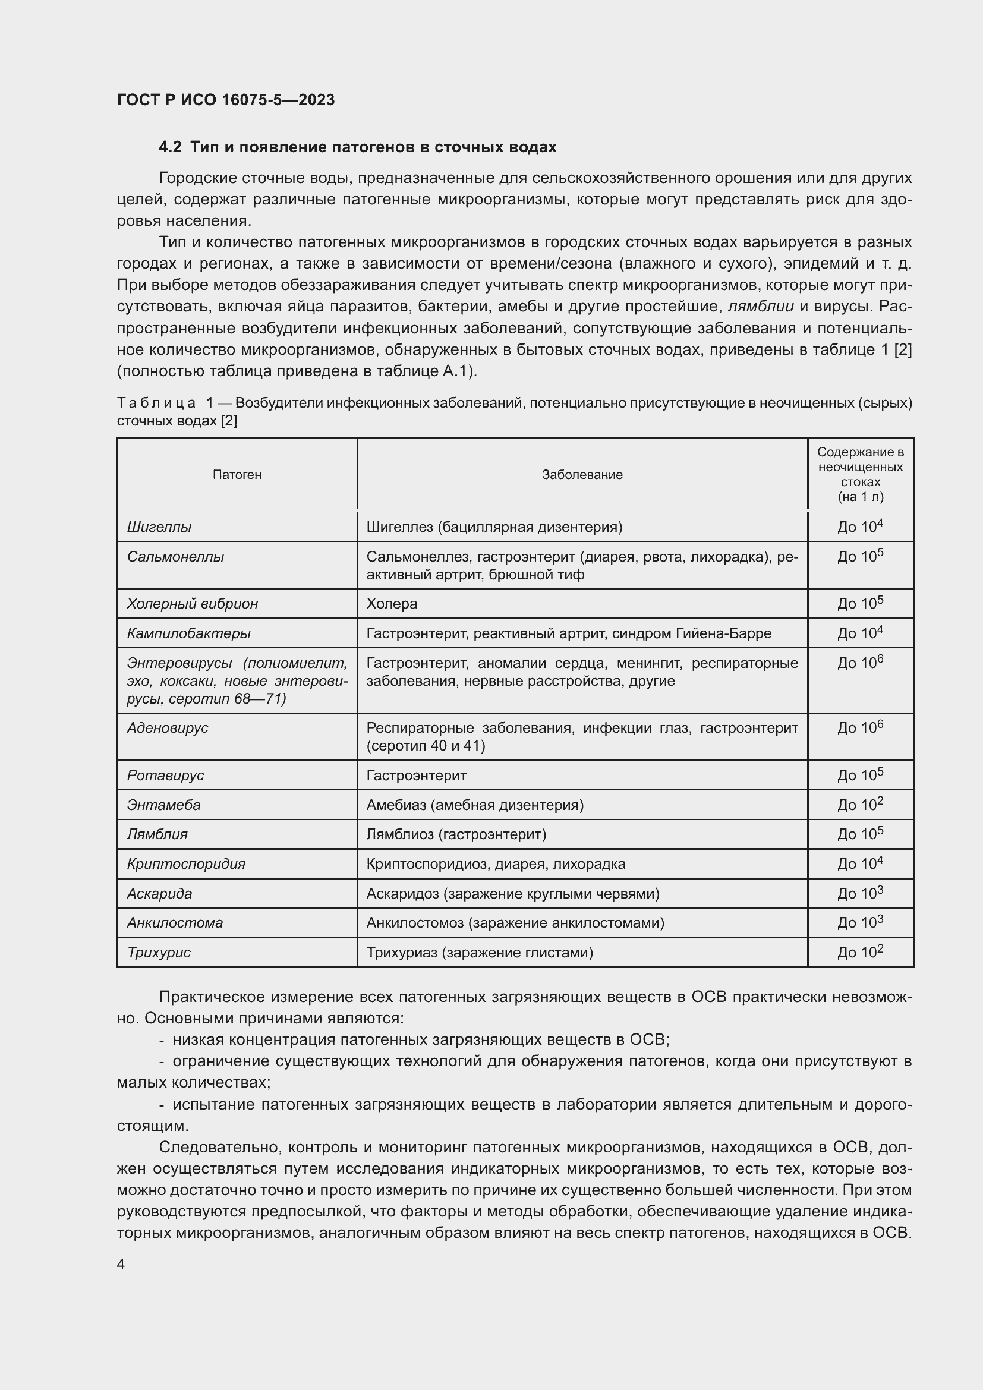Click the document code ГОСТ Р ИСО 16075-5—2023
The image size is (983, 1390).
tap(226, 100)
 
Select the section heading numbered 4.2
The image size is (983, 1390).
tap(357, 147)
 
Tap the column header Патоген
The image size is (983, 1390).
tap(237, 475)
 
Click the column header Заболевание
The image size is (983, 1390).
tap(582, 475)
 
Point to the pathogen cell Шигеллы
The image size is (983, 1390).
tap(159, 527)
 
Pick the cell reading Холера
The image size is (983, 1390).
tap(392, 604)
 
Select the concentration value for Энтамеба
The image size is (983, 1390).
tap(860, 805)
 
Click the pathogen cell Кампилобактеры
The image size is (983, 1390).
tap(188, 633)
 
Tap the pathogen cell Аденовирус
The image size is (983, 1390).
tap(168, 728)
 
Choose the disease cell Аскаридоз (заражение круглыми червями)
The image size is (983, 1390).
tap(513, 894)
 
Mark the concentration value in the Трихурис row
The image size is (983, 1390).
tap(860, 952)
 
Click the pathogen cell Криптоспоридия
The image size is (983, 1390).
tap(186, 864)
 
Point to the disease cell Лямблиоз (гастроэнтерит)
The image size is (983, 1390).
tap(456, 834)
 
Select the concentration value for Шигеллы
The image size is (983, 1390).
tap(860, 527)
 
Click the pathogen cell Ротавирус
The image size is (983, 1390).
tap(165, 776)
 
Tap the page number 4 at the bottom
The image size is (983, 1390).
tap(121, 1265)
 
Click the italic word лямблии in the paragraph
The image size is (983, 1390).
tap(760, 306)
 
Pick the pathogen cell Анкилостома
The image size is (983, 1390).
tap(175, 923)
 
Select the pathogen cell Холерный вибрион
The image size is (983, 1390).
tap(193, 604)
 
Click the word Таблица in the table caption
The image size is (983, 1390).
tap(156, 403)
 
